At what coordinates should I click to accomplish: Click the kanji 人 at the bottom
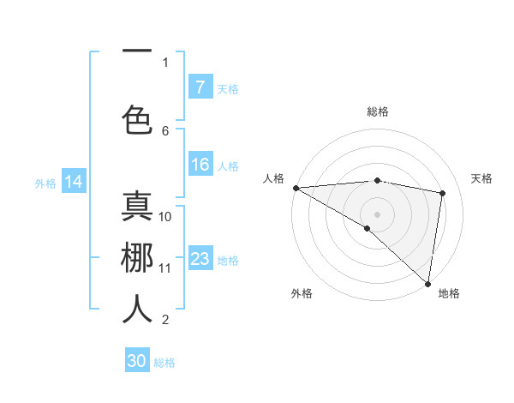[137, 309]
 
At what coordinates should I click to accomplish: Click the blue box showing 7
[200, 87]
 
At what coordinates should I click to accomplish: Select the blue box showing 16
[200, 165]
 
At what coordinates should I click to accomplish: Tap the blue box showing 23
[200, 259]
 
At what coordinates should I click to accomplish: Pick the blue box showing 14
[73, 182]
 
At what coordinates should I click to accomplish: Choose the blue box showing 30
[137, 361]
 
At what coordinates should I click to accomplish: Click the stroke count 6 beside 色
[165, 130]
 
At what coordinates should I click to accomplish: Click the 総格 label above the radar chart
[377, 111]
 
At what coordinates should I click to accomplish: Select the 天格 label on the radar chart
[482, 178]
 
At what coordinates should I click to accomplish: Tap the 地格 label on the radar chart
[449, 293]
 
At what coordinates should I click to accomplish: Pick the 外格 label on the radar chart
[302, 293]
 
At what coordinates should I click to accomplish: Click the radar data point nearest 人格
[296, 188]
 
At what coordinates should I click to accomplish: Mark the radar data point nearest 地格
[428, 283]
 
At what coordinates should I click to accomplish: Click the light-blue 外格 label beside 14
[45, 183]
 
